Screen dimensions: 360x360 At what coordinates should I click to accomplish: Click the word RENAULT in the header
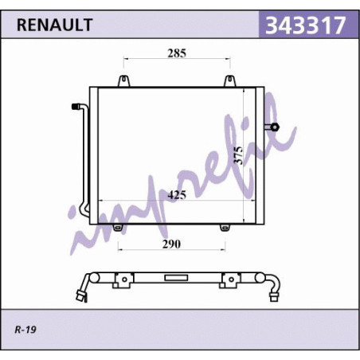click(x=54, y=25)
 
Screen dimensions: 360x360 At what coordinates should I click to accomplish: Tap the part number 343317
click(x=306, y=25)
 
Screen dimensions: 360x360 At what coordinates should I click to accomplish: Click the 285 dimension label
click(x=177, y=53)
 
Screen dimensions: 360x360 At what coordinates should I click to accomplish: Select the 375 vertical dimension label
click(x=239, y=155)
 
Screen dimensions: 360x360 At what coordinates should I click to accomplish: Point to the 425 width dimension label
click(x=177, y=195)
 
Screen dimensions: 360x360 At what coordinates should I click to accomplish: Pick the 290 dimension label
click(x=171, y=244)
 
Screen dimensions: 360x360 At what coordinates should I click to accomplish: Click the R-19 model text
click(x=25, y=330)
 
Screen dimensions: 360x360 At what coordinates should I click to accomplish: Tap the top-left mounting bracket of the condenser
click(x=123, y=81)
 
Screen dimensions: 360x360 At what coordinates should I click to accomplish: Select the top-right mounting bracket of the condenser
click(x=229, y=81)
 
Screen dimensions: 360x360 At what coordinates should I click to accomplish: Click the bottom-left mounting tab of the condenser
click(x=118, y=228)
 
